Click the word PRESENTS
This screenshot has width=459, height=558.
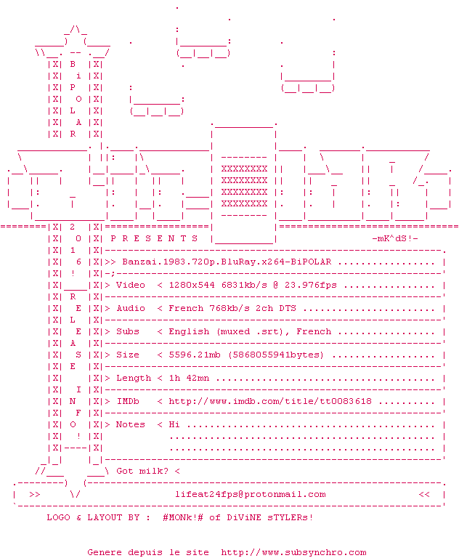(154, 238)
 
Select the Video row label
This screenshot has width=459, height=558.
(131, 285)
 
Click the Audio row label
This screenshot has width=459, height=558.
(131, 308)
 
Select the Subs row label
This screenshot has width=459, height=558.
(128, 331)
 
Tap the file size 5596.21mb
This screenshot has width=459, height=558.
(195, 355)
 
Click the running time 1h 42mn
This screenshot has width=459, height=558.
(189, 378)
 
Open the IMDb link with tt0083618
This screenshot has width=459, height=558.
(270, 401)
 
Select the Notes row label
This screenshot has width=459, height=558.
(131, 424)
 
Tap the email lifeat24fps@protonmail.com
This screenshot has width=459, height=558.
(250, 494)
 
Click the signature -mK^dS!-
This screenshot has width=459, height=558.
(395, 238)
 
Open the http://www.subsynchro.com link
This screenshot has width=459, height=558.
(293, 552)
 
